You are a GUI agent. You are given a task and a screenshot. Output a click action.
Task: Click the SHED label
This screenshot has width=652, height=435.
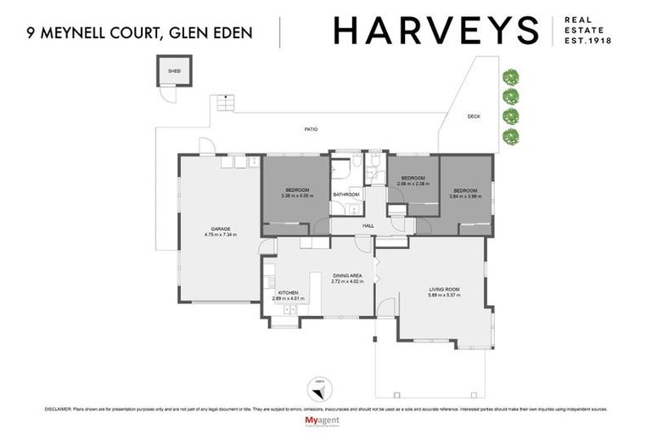coord(174,72)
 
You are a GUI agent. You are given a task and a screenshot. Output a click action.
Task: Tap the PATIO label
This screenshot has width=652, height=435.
coord(312,129)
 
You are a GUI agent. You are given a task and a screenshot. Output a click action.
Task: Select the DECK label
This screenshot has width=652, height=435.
coord(474,117)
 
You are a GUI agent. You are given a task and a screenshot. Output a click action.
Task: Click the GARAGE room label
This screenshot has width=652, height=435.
coord(221,229)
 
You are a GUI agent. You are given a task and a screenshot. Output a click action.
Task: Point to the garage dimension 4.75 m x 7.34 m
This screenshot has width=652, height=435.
coord(221,234)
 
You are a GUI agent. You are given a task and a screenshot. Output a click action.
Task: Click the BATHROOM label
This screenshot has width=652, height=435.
coord(346,195)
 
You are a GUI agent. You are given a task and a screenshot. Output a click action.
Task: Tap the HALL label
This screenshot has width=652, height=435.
coord(368,225)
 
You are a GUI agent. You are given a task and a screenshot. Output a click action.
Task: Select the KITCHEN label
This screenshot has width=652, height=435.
coord(289,293)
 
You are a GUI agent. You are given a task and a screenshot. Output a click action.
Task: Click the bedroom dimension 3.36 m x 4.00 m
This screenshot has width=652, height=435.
coord(297,195)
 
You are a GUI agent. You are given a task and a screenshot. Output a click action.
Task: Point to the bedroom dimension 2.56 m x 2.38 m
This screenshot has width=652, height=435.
coord(413,184)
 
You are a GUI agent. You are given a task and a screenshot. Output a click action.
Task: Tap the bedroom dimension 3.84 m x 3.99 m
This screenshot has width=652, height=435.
coord(464,195)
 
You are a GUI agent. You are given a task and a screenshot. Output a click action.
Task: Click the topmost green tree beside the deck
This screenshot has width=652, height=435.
coord(510,76)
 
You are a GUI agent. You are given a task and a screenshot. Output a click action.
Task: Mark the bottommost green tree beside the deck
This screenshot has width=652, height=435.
coord(510,136)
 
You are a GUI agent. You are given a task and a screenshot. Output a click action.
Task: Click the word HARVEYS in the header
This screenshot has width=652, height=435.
coord(436,31)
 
